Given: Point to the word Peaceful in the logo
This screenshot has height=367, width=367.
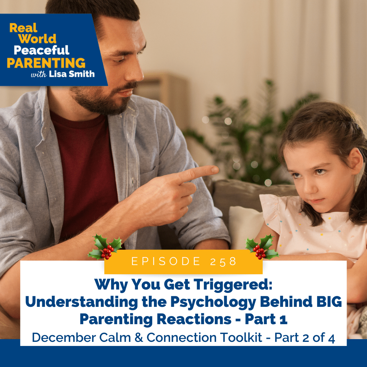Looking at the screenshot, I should tap(41, 50).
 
